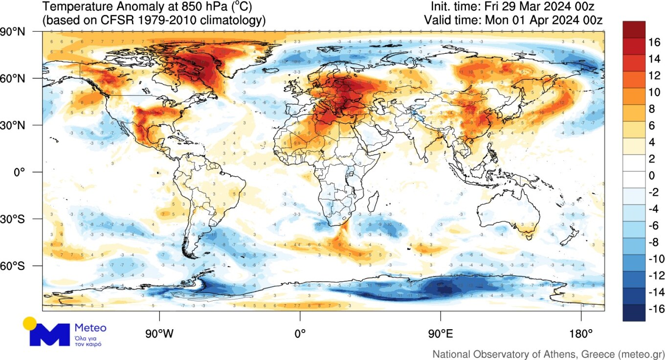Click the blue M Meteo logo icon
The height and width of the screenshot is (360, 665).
pos(49,335)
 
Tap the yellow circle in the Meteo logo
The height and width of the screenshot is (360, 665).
pos(30,323)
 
